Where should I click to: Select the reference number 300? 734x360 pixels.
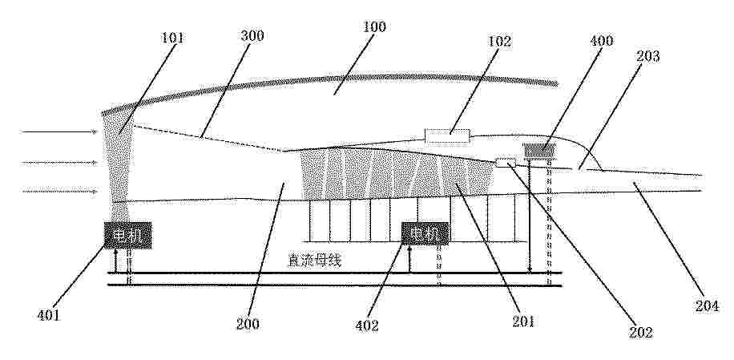[x=252, y=35]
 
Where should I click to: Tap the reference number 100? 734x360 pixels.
[x=374, y=26]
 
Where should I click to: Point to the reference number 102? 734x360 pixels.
[x=499, y=41]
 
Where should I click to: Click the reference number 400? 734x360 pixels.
[x=601, y=41]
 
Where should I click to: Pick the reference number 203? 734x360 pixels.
[x=648, y=56]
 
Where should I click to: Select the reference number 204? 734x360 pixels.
[x=707, y=306]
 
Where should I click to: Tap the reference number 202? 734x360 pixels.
[x=641, y=332]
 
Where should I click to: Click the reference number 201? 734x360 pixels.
[x=523, y=322]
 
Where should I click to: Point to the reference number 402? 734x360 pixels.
[x=367, y=326]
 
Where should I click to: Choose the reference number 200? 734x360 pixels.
[x=248, y=324]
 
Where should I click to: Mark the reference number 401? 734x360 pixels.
[x=49, y=315]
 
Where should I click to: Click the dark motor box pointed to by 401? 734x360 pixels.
[x=127, y=235]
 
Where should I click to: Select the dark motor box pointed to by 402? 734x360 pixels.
[x=425, y=233]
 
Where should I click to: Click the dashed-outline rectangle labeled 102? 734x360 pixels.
[x=447, y=136]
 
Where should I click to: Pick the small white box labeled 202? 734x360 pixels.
[x=506, y=163]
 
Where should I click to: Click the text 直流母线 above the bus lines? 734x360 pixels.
[x=315, y=261]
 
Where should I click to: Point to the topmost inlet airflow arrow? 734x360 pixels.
[x=58, y=132]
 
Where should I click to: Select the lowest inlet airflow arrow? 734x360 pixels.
[x=60, y=191]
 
